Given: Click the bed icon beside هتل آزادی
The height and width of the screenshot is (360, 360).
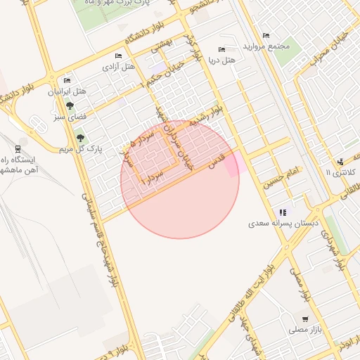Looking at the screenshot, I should click(118, 56).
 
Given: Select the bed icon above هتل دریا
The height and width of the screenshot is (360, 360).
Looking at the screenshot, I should click(222, 50).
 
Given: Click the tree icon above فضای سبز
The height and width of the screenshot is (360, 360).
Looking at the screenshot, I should click(69, 105).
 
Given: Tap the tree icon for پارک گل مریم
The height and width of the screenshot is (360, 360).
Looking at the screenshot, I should click(79, 138).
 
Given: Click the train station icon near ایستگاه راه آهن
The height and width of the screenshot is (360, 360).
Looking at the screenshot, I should click(17, 149).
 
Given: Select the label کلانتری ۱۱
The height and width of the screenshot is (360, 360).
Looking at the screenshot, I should click(342, 172).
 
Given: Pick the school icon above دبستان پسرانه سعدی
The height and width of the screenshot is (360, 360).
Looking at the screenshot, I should click(283, 212).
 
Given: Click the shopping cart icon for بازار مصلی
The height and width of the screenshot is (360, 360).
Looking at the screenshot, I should click(304, 319).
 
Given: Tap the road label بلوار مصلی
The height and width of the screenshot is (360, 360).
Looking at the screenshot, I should click(296, 288).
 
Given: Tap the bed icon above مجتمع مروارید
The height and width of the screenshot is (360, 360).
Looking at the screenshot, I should click(266, 35).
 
